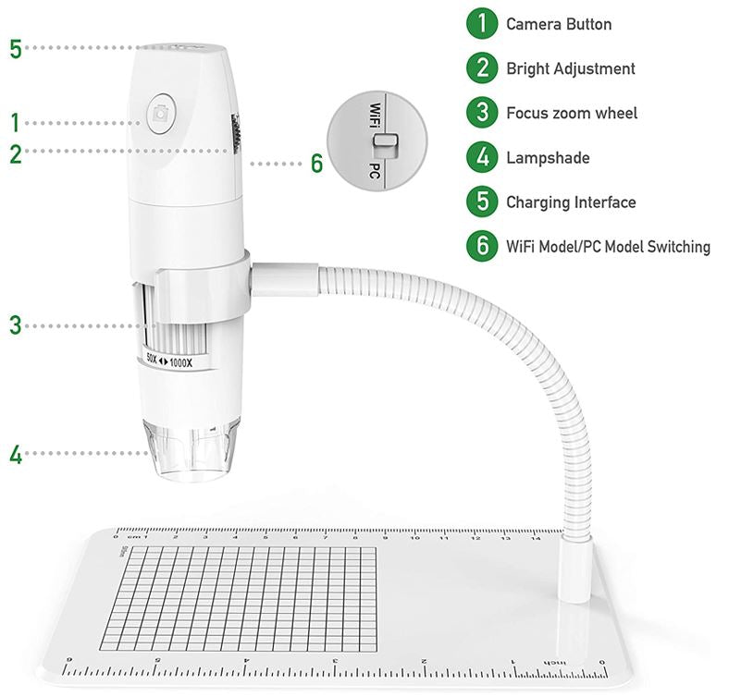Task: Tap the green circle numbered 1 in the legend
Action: (x=482, y=25)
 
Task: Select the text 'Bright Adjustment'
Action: (x=570, y=69)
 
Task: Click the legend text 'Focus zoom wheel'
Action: (x=571, y=114)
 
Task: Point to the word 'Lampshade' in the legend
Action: (x=547, y=158)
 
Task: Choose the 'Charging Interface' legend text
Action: (x=570, y=202)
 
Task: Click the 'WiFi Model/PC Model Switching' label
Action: (x=608, y=247)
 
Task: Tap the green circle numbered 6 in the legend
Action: (x=482, y=247)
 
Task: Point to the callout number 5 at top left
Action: (x=15, y=49)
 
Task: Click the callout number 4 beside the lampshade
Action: (x=15, y=454)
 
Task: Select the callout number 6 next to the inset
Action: (x=316, y=165)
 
